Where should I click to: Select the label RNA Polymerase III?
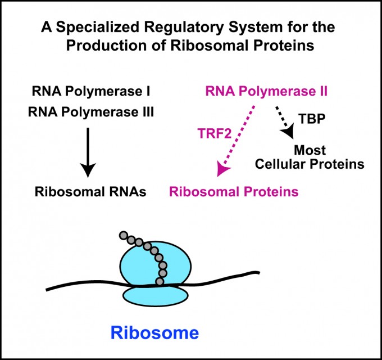coord(91,112)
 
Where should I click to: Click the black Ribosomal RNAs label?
coord(90,192)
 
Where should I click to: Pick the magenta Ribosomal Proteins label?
coord(233,192)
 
